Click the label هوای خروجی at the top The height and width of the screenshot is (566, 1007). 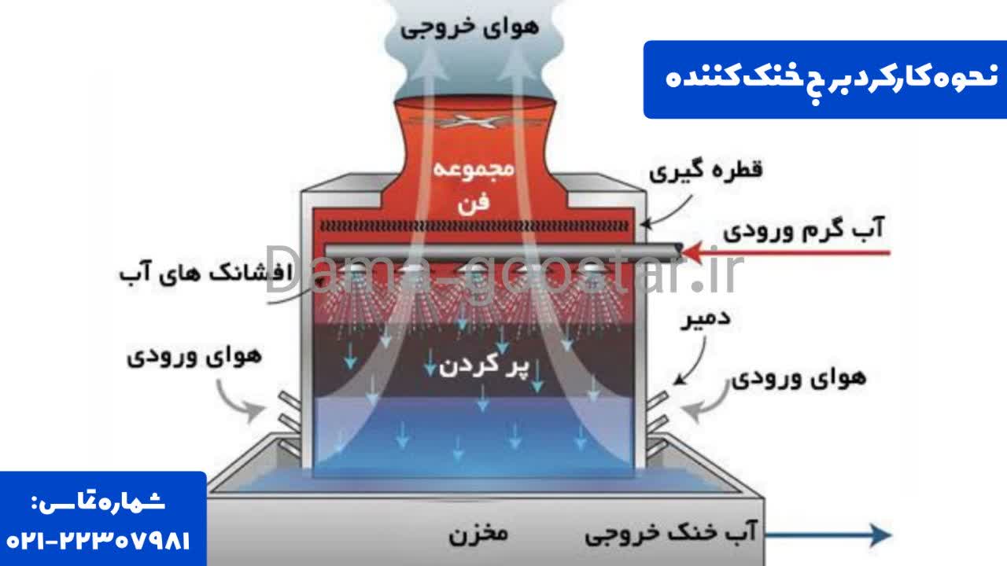(x=470, y=28)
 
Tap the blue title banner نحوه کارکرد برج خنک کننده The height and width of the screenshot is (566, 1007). (x=825, y=79)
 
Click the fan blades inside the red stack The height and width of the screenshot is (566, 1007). (x=474, y=121)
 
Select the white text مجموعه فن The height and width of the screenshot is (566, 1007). (x=474, y=186)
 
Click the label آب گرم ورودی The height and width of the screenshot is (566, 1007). (x=804, y=229)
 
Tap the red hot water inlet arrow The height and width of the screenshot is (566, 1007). (x=786, y=252)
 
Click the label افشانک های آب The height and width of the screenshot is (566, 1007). (x=206, y=272)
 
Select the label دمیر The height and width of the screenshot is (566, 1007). (x=706, y=319)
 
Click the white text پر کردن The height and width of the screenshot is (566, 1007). (x=485, y=366)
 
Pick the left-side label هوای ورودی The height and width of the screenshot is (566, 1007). (x=194, y=357)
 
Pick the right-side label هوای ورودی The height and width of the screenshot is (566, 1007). (x=799, y=378)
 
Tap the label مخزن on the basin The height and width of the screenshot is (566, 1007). (x=478, y=535)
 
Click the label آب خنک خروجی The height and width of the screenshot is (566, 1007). (x=671, y=533)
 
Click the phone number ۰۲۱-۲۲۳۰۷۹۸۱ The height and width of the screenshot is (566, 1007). (x=98, y=541)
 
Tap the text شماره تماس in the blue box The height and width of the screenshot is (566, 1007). (x=98, y=502)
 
